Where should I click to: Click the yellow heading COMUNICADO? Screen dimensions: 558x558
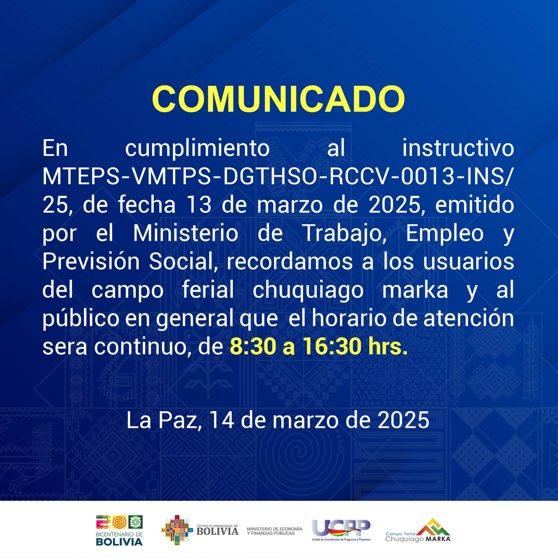pos(278,99)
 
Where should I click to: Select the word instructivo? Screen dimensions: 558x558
pos(458,148)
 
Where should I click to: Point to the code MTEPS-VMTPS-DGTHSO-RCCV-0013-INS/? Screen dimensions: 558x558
pos(278,176)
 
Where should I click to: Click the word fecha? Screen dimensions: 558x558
pos(147,205)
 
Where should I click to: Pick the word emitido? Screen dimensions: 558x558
pos(475,205)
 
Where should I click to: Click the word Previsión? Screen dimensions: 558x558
pos(91,262)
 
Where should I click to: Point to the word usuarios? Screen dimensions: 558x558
pos(468,262)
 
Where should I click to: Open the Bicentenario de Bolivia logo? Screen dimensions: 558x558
pos(119,530)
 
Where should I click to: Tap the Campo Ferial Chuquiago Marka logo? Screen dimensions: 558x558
pos(418,530)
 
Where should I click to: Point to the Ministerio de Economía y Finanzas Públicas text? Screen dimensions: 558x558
pos(274,531)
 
